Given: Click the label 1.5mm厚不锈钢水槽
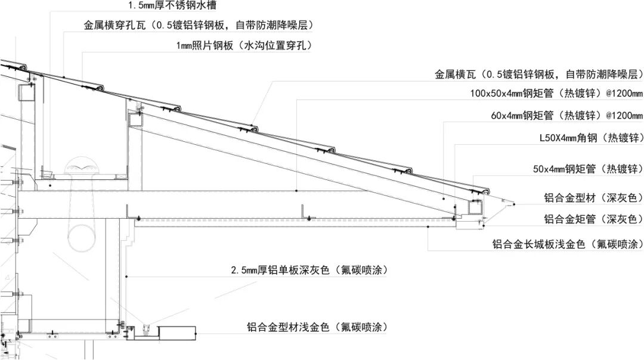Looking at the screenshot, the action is tap(172, 6).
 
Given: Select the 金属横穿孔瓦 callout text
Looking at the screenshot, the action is tap(114, 26).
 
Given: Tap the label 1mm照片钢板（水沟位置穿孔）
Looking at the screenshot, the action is tap(244, 45).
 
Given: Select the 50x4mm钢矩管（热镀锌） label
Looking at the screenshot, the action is tap(588, 169).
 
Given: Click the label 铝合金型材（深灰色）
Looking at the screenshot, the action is tap(593, 198).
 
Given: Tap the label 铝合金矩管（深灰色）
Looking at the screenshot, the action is tap(593, 219).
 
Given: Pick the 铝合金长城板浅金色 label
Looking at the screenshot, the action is tap(538, 244).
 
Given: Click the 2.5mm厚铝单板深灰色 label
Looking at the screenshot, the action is tap(280, 270).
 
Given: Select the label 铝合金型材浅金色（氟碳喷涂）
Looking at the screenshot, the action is tap(317, 327).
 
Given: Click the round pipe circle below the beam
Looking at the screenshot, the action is tap(82, 238).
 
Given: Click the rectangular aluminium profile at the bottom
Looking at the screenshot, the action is tap(177, 333).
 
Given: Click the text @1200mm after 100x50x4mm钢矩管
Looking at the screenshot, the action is tap(624, 94).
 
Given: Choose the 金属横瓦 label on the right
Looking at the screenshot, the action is tap(455, 75).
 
